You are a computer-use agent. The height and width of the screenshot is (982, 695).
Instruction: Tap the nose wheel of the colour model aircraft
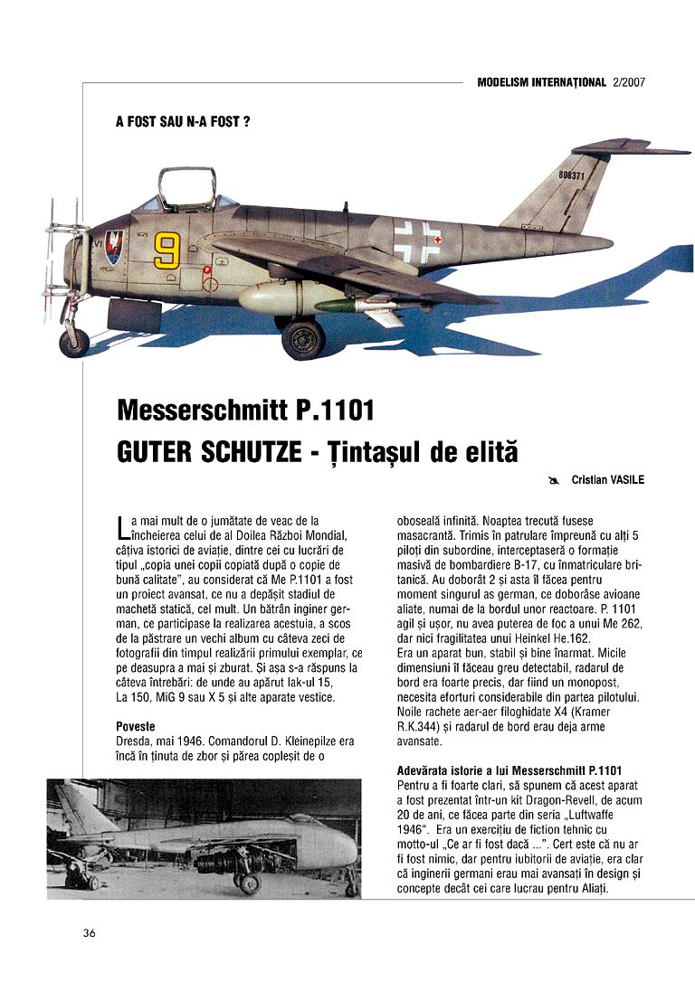[74, 342]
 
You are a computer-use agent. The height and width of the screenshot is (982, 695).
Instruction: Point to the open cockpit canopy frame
[186, 188]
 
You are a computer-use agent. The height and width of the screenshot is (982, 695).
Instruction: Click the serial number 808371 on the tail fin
[571, 175]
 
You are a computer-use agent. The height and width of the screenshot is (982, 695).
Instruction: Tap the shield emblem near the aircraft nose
[113, 247]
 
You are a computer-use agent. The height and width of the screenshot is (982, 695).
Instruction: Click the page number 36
[89, 932]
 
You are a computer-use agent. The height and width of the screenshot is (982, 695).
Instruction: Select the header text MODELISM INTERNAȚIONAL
[541, 82]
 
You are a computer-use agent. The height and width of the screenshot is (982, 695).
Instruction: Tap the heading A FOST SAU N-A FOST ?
[183, 120]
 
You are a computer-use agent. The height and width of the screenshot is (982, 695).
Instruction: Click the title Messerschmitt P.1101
[245, 411]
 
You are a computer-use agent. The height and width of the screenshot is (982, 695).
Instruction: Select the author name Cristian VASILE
[607, 480]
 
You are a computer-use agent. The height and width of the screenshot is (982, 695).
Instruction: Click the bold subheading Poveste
[136, 726]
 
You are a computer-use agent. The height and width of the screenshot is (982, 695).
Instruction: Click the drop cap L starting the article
[123, 527]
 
